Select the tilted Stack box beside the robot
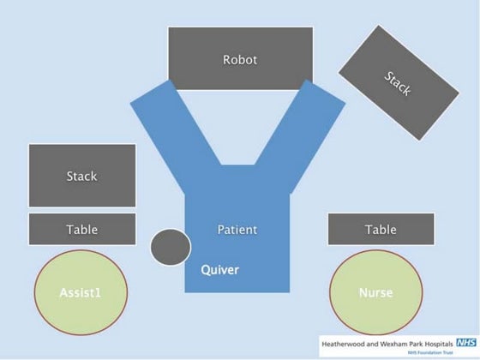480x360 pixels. (399, 83)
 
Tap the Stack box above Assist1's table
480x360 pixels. (82, 176)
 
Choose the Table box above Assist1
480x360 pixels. (82, 230)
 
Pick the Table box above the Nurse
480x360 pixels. (381, 230)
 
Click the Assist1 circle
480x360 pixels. (81, 292)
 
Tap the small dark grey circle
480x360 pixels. (170, 247)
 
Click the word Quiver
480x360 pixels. (219, 270)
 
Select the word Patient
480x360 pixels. (237, 230)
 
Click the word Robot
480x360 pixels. (240, 60)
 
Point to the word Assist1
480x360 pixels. (81, 293)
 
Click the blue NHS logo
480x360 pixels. (466, 342)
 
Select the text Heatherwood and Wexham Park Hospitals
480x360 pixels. (387, 343)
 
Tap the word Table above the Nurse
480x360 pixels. (381, 230)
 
